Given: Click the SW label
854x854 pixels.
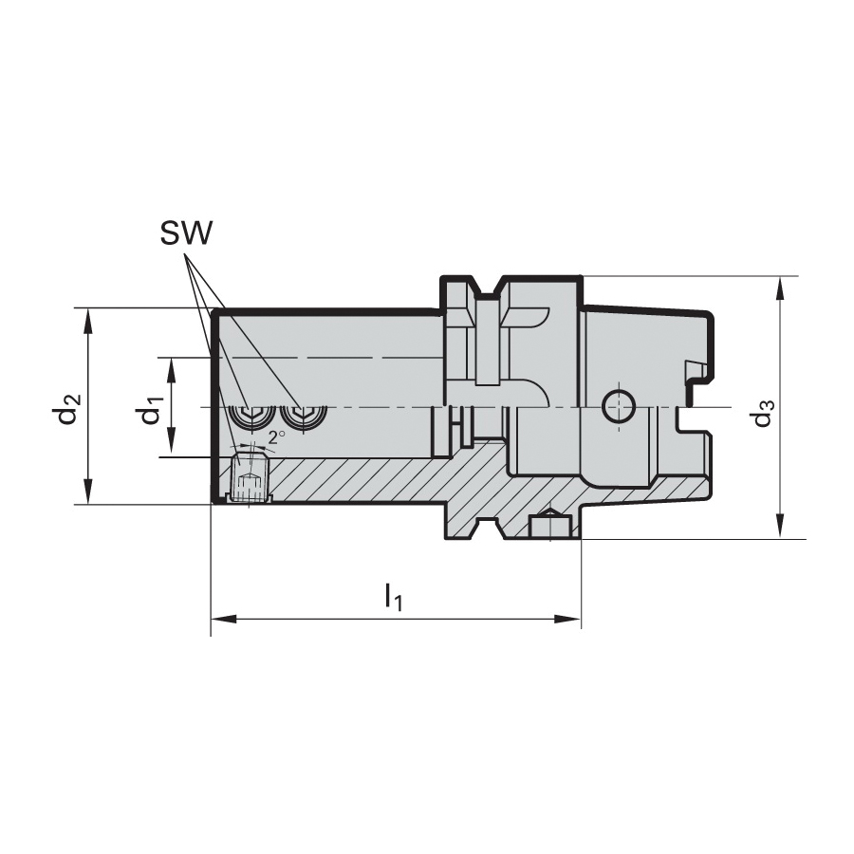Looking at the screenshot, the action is (185, 232).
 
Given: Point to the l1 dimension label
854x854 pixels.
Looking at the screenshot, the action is (393, 596).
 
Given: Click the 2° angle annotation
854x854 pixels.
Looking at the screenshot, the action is (277, 436).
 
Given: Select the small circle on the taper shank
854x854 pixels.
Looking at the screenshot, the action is (619, 406).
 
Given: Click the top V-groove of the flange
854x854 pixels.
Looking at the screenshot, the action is (488, 288).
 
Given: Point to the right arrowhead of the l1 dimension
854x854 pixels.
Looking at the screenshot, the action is (568, 619).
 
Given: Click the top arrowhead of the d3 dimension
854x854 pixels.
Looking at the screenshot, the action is (781, 289).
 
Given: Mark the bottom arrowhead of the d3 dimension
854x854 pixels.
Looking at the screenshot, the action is (781, 526).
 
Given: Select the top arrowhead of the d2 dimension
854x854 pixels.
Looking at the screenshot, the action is (89, 322).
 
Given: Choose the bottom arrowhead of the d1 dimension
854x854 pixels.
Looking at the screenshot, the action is (171, 443).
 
